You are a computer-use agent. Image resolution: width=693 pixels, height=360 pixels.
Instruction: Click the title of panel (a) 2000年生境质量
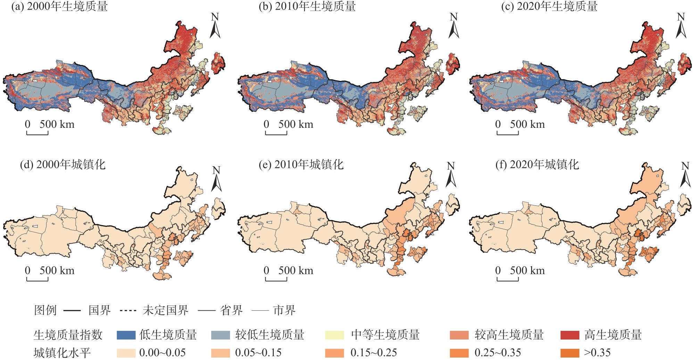tap(60, 7)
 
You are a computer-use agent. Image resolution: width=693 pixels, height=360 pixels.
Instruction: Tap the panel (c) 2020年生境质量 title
tap(549, 7)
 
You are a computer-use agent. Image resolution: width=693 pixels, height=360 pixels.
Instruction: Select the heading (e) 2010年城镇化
tap(301, 164)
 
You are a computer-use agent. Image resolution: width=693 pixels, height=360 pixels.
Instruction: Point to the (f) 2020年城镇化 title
tap(537, 164)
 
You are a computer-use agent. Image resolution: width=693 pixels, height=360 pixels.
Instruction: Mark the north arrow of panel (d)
tap(216, 179)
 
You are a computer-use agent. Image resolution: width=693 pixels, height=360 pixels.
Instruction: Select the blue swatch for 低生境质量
tap(126, 335)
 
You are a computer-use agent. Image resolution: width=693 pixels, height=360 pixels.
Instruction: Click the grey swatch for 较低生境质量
tap(221, 335)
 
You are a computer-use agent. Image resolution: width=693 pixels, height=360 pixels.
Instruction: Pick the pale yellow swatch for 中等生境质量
tap(335, 335)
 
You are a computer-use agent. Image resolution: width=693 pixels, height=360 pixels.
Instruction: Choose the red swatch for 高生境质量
tap(570, 335)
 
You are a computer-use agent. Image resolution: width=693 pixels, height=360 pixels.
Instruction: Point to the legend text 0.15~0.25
tap(373, 353)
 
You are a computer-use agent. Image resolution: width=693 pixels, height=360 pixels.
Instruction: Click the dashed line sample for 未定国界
tap(128, 310)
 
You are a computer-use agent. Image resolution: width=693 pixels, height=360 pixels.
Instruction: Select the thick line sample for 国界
tap(72, 310)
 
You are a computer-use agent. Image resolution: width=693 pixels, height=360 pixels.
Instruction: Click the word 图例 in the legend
tap(45, 310)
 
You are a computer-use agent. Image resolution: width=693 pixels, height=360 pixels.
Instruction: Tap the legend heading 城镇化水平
tap(62, 353)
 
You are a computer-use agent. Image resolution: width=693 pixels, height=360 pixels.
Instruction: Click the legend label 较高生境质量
tap(509, 335)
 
